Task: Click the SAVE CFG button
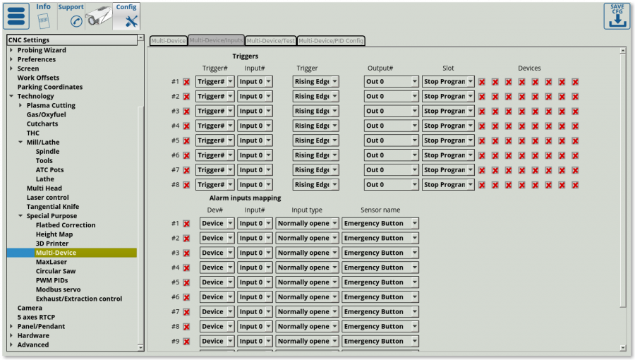(616, 16)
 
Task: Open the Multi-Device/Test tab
(270, 41)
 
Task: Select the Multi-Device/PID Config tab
(331, 41)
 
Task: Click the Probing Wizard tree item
(42, 50)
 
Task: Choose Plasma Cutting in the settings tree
(51, 105)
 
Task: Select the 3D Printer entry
(52, 244)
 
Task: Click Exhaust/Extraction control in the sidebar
(78, 299)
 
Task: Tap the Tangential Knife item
(53, 207)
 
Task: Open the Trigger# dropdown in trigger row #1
(214, 81)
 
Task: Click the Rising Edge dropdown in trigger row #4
(315, 126)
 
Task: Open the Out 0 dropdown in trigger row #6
(391, 155)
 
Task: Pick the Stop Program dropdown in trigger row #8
(448, 185)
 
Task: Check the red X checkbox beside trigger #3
(186, 112)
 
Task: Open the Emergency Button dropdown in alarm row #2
(380, 238)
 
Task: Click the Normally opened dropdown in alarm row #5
(307, 282)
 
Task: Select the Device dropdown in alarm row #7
(217, 312)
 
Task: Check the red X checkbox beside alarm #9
(186, 342)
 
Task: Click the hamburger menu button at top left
(17, 16)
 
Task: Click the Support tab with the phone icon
(71, 16)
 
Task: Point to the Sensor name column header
(380, 210)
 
